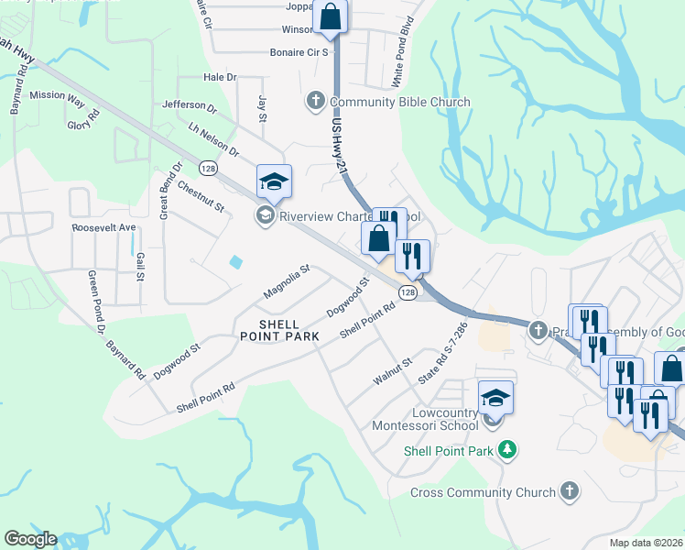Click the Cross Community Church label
point(483,493)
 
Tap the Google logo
point(29,539)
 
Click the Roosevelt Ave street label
point(103,226)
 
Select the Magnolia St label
point(287,281)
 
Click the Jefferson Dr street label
point(189,107)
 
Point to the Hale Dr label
point(220,78)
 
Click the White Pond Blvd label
point(403,64)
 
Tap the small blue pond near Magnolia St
point(236,262)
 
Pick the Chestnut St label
point(201,196)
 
